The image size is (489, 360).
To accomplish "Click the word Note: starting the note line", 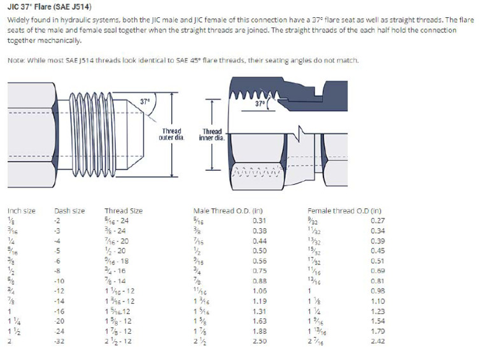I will click(x=16, y=61).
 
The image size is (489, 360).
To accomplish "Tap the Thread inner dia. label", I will click(x=211, y=134).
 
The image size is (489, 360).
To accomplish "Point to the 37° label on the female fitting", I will click(x=260, y=103).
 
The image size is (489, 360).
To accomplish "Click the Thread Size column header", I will click(x=124, y=211).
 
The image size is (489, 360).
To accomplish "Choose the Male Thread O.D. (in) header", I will click(x=228, y=211).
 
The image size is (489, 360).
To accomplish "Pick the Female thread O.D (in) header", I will click(x=344, y=211).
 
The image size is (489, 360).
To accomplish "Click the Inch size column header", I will click(x=22, y=211).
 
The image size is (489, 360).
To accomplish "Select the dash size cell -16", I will click(x=61, y=312).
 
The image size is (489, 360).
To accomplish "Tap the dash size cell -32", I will click(x=61, y=341).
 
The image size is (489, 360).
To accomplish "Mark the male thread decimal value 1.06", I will click(x=259, y=291).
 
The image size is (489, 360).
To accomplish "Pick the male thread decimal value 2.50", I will click(x=259, y=341).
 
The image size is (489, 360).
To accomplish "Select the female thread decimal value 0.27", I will click(x=378, y=221).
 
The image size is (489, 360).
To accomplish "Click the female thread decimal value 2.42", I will click(x=378, y=341).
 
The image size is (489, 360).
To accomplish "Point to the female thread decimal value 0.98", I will click(x=378, y=291).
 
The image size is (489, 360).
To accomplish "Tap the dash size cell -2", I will click(x=59, y=221).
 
